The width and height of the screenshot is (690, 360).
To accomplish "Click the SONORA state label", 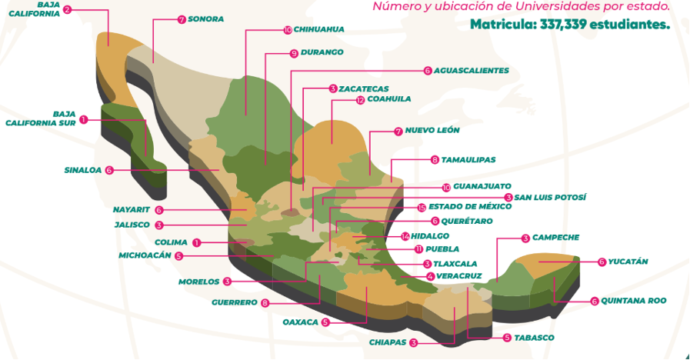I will tap(205, 19).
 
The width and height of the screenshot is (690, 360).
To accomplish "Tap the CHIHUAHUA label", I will tap(319, 30).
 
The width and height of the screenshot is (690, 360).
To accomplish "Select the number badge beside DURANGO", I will tap(294, 53).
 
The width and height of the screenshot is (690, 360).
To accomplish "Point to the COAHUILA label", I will tap(388, 99).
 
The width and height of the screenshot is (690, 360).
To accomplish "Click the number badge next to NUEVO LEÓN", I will tap(398, 131).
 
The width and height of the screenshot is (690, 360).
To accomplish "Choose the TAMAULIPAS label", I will tap(468, 160).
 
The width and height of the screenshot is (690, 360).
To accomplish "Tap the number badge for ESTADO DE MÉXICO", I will tap(421, 208).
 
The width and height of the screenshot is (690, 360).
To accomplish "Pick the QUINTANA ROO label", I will tap(634, 301).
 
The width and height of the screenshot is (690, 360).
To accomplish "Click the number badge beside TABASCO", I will tap(507, 338).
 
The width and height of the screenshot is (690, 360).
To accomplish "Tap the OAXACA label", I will tap(300, 322).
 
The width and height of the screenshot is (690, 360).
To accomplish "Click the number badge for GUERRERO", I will tap(265, 303).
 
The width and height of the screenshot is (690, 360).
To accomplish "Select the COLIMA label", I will tap(170, 242).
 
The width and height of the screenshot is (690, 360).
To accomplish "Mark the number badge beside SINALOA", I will tap(109, 170).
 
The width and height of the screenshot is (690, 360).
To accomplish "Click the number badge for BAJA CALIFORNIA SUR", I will tap(83, 119).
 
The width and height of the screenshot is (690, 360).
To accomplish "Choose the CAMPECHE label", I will tap(555, 238).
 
